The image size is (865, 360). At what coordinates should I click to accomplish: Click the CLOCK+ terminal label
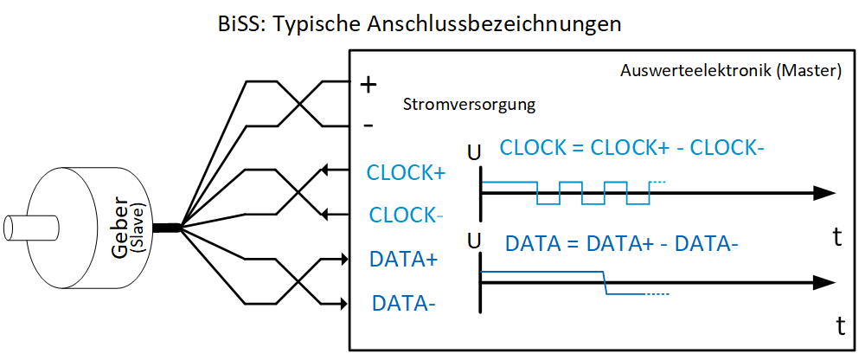[405, 172]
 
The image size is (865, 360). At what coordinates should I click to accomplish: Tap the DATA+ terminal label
[403, 259]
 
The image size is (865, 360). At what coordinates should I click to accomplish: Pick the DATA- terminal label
[403, 303]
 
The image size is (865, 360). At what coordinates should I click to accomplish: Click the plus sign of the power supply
[368, 85]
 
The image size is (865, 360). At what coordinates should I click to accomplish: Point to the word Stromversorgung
[469, 106]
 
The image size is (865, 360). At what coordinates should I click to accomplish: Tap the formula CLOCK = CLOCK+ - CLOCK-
[631, 148]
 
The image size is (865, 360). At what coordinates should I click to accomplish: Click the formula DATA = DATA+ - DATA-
[621, 245]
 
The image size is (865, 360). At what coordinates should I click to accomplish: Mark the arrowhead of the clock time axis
[828, 194]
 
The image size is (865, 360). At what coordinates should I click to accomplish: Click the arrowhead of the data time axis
[828, 281]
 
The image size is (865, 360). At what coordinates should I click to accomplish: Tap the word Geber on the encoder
[121, 232]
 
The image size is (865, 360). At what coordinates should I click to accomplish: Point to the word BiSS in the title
[243, 23]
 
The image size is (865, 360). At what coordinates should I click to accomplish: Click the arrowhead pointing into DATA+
[340, 258]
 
